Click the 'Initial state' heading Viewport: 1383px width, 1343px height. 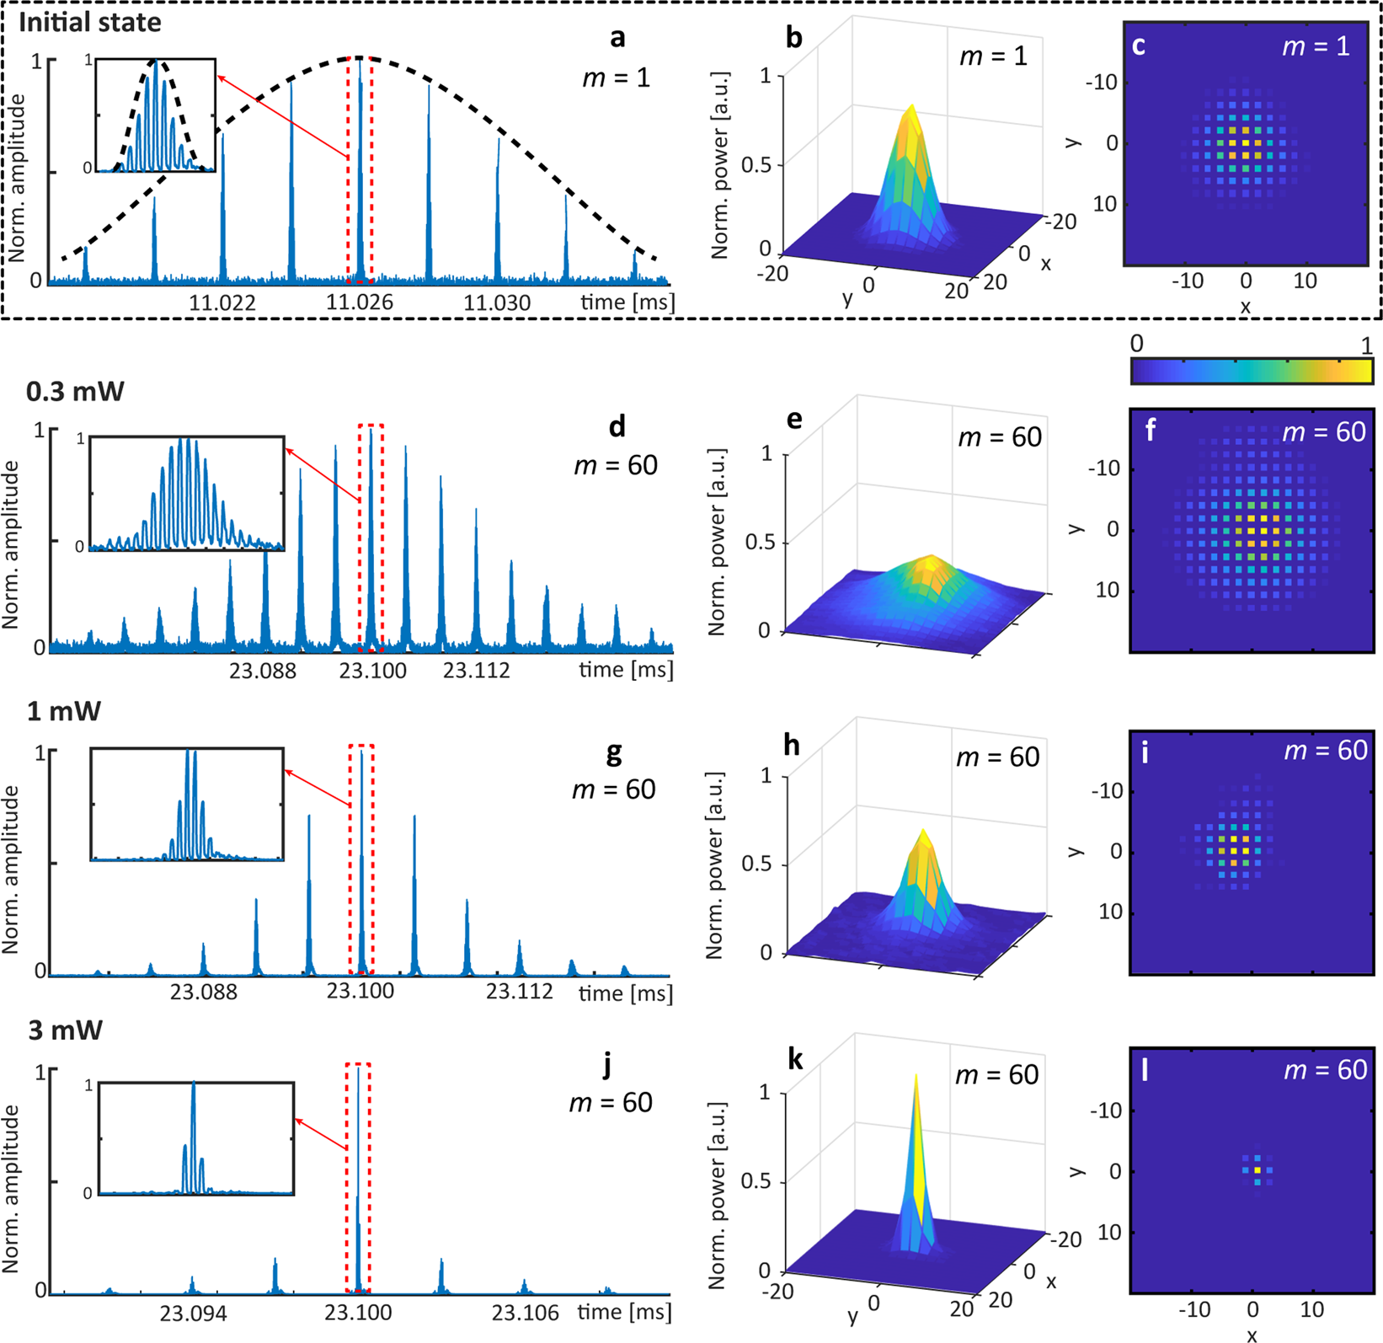89,22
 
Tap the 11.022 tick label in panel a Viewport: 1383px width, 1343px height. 222,302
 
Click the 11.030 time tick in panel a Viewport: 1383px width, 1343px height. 497,302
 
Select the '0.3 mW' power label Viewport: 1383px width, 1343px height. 76,391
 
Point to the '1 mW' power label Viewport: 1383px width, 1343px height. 64,711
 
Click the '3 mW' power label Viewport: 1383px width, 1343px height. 66,1030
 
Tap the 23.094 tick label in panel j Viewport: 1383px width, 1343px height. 194,1314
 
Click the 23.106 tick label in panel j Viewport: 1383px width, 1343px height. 526,1314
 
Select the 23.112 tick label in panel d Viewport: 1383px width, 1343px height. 477,671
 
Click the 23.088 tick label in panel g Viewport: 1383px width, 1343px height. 204,992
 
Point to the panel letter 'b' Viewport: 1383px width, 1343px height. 793,40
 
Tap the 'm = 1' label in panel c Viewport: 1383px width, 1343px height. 1316,46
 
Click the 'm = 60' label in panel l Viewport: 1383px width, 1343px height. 1325,1070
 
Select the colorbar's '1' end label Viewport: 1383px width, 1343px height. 1365,345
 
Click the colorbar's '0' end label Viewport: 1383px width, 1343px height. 1136,344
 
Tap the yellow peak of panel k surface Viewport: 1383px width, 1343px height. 916,1078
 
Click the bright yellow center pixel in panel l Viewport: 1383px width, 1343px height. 1258,1170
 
